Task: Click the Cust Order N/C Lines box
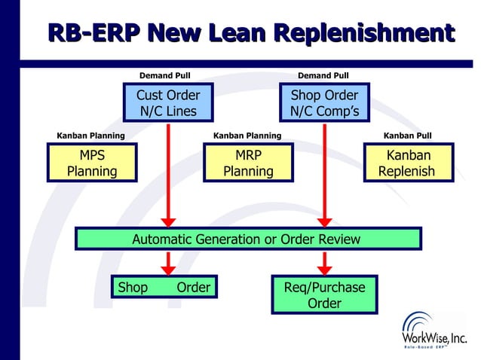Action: [167, 103]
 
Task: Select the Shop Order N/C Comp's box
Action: [324, 103]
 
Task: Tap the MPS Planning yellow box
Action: [92, 163]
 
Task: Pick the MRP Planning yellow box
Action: [248, 163]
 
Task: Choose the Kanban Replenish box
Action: [408, 163]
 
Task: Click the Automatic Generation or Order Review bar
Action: [247, 239]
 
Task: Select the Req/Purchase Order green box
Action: [324, 295]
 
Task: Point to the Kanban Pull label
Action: [408, 136]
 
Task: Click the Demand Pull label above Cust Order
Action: [165, 75]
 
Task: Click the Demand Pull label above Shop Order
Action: [323, 75]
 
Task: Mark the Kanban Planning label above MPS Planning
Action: [91, 136]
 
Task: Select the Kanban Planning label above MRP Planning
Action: [247, 136]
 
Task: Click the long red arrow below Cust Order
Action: [168, 173]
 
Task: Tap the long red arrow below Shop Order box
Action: [325, 173]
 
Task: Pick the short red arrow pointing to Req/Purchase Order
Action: [325, 263]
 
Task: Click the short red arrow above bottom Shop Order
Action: [168, 263]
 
